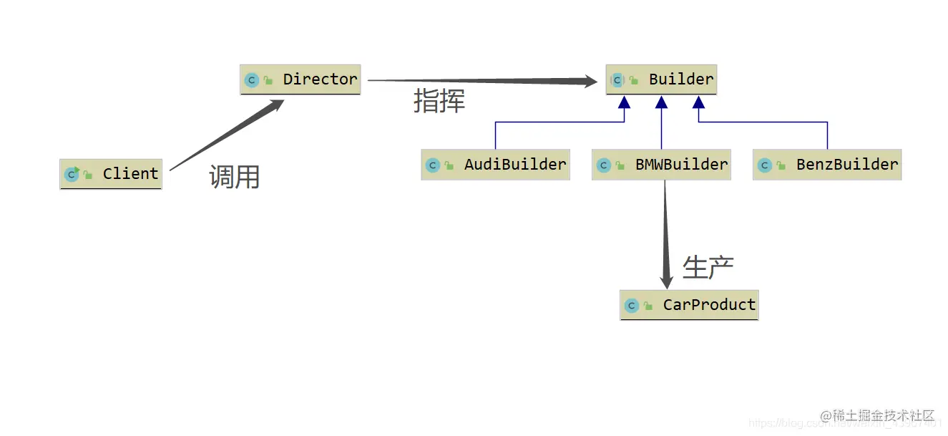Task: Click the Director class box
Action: click(300, 79)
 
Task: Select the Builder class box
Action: click(661, 79)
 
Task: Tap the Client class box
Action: click(111, 174)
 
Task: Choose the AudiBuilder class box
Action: click(495, 165)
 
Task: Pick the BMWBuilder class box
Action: click(661, 165)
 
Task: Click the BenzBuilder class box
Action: click(827, 165)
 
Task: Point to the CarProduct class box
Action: click(688, 305)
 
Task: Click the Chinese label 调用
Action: click(234, 176)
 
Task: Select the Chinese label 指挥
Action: click(439, 101)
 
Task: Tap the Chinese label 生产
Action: click(708, 267)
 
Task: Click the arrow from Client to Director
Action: click(225, 136)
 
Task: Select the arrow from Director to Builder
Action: click(479, 81)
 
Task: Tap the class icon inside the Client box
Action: click(72, 174)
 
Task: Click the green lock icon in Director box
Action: click(268, 80)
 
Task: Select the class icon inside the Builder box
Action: click(617, 80)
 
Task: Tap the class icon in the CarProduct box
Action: click(631, 306)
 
